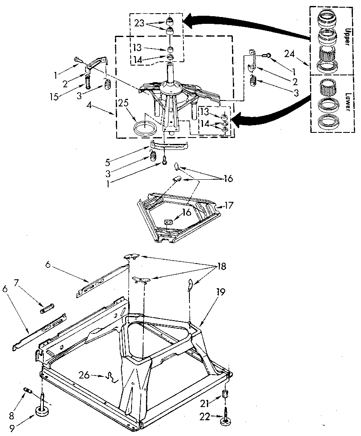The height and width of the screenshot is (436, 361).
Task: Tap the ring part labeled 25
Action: pyautogui.click(x=145, y=127)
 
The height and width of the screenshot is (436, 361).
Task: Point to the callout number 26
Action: pyautogui.click(x=85, y=375)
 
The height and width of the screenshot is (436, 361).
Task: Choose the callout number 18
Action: pyautogui.click(x=221, y=267)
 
